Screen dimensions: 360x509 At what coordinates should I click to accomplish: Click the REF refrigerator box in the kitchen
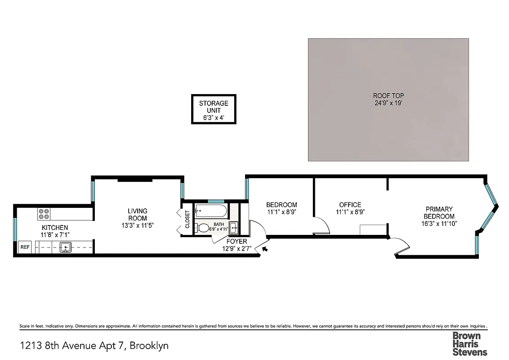(24, 247)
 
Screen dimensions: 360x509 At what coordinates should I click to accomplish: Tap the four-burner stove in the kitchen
(44, 214)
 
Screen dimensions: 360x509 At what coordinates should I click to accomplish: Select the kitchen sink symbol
(66, 247)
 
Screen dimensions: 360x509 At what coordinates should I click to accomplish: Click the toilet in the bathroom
(203, 228)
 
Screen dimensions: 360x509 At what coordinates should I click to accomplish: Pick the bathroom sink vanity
(233, 227)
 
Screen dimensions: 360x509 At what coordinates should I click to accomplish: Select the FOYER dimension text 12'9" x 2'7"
(237, 248)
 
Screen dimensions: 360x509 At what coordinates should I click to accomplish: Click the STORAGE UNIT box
(214, 109)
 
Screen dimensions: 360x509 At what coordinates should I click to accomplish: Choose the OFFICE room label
(350, 205)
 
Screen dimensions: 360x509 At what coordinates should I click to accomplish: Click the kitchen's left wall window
(15, 230)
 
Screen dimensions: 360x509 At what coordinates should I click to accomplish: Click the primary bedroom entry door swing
(401, 246)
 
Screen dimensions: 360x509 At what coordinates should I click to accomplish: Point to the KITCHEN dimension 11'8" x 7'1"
(55, 234)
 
